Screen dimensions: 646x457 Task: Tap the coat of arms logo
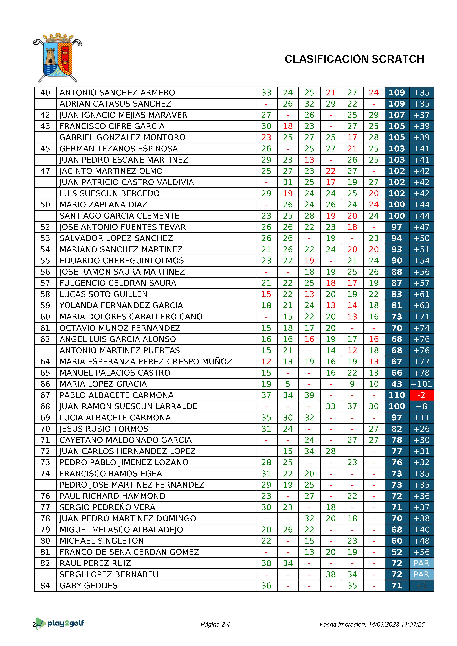click(58, 58)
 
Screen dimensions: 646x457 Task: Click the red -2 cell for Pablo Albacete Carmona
click(421, 395)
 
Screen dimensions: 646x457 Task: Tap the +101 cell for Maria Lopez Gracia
click(421, 384)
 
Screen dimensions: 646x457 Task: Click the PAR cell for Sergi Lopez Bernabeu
click(421, 574)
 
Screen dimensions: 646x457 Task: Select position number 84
click(45, 585)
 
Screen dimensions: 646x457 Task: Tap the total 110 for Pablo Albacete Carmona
click(397, 395)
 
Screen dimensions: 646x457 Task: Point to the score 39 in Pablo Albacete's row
click(309, 395)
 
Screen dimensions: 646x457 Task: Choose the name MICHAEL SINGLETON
click(102, 541)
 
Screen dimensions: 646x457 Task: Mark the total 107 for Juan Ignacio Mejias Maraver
click(397, 115)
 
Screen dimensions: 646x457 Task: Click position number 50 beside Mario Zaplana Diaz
click(45, 205)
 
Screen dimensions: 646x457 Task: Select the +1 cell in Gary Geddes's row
click(421, 585)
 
